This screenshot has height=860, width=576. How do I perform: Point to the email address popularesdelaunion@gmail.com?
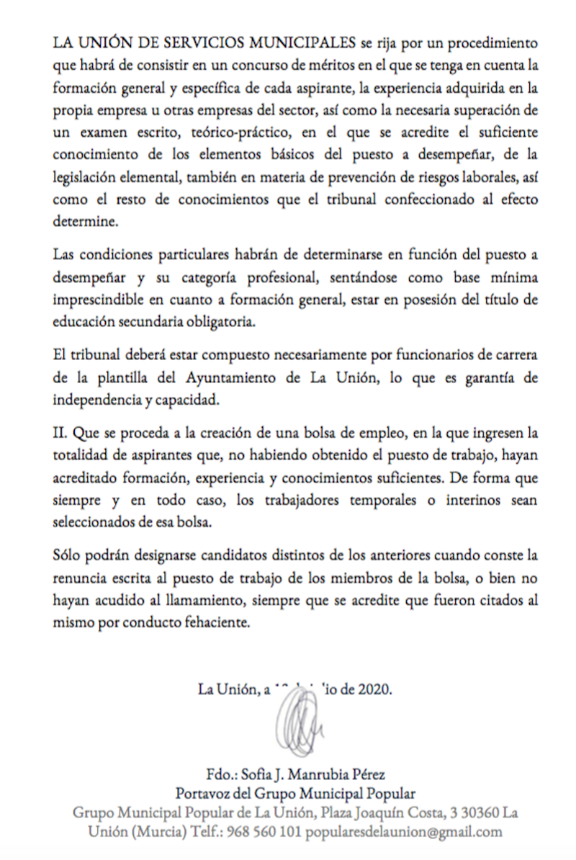coord(404,832)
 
